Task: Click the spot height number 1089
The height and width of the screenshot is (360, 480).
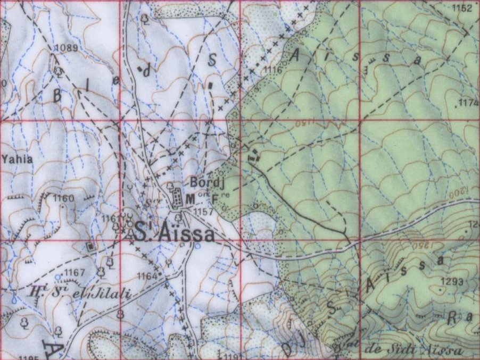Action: coord(66,48)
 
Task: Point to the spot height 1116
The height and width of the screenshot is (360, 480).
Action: coord(272,70)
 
